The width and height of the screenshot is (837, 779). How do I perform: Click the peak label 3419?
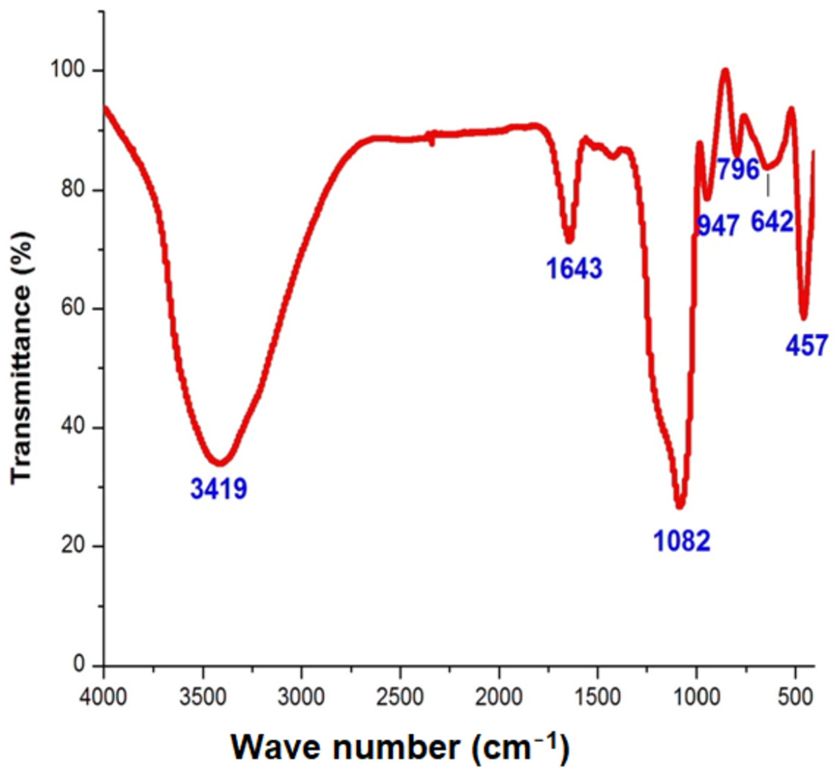pos(219,488)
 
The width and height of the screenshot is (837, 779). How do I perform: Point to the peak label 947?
pos(718,226)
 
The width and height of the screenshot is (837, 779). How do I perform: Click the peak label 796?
pos(738,169)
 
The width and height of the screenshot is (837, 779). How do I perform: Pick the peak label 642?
pos(773,222)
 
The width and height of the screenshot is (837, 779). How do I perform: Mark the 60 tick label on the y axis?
pos(73,309)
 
